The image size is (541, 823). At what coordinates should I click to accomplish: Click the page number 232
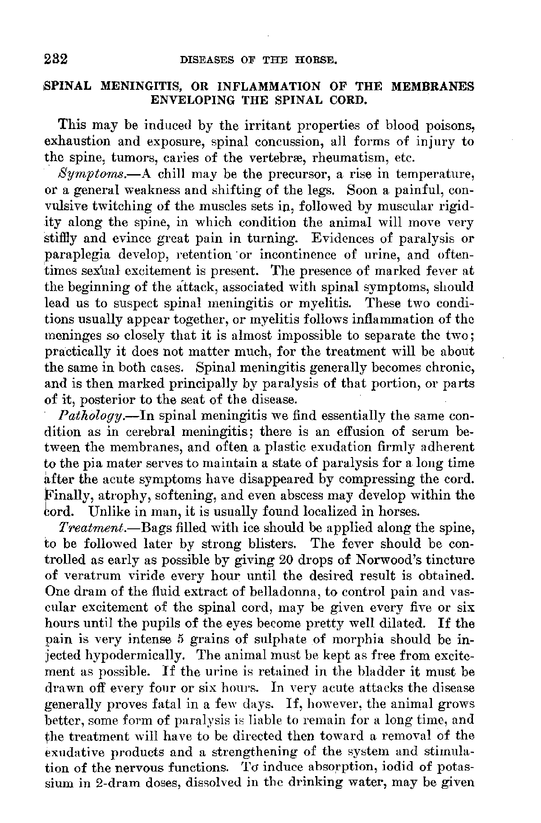click(57, 59)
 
